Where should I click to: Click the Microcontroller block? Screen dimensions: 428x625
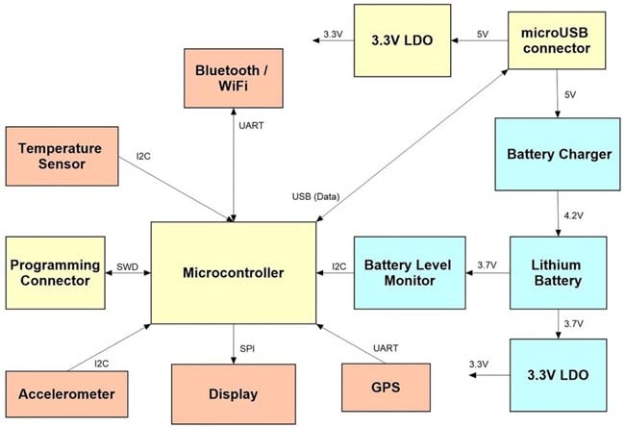click(234, 273)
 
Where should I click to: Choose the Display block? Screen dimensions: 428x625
click(233, 393)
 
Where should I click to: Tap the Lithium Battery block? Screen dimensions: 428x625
click(558, 272)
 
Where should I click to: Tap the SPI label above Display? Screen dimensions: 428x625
click(249, 345)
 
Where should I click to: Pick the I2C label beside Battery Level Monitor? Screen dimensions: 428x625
click(338, 265)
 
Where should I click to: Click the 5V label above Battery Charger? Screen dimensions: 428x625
click(571, 95)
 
